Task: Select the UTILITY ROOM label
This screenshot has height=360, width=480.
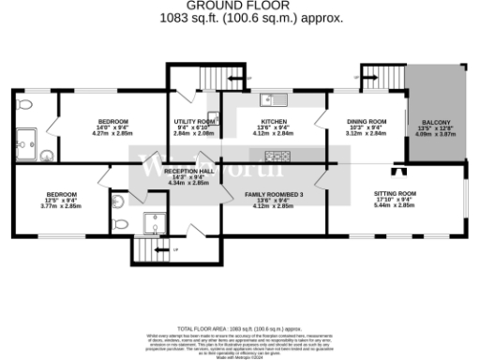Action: (194, 122)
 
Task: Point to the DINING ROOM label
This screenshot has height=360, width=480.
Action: (367, 122)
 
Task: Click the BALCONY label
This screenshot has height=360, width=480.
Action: (435, 123)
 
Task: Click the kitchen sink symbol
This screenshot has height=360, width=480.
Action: (272, 97)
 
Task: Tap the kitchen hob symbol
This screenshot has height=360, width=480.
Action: (278, 155)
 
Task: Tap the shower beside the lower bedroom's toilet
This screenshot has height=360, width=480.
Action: (156, 222)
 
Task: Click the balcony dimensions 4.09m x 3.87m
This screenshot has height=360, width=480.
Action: (435, 134)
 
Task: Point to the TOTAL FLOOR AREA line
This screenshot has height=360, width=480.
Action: (239, 329)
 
